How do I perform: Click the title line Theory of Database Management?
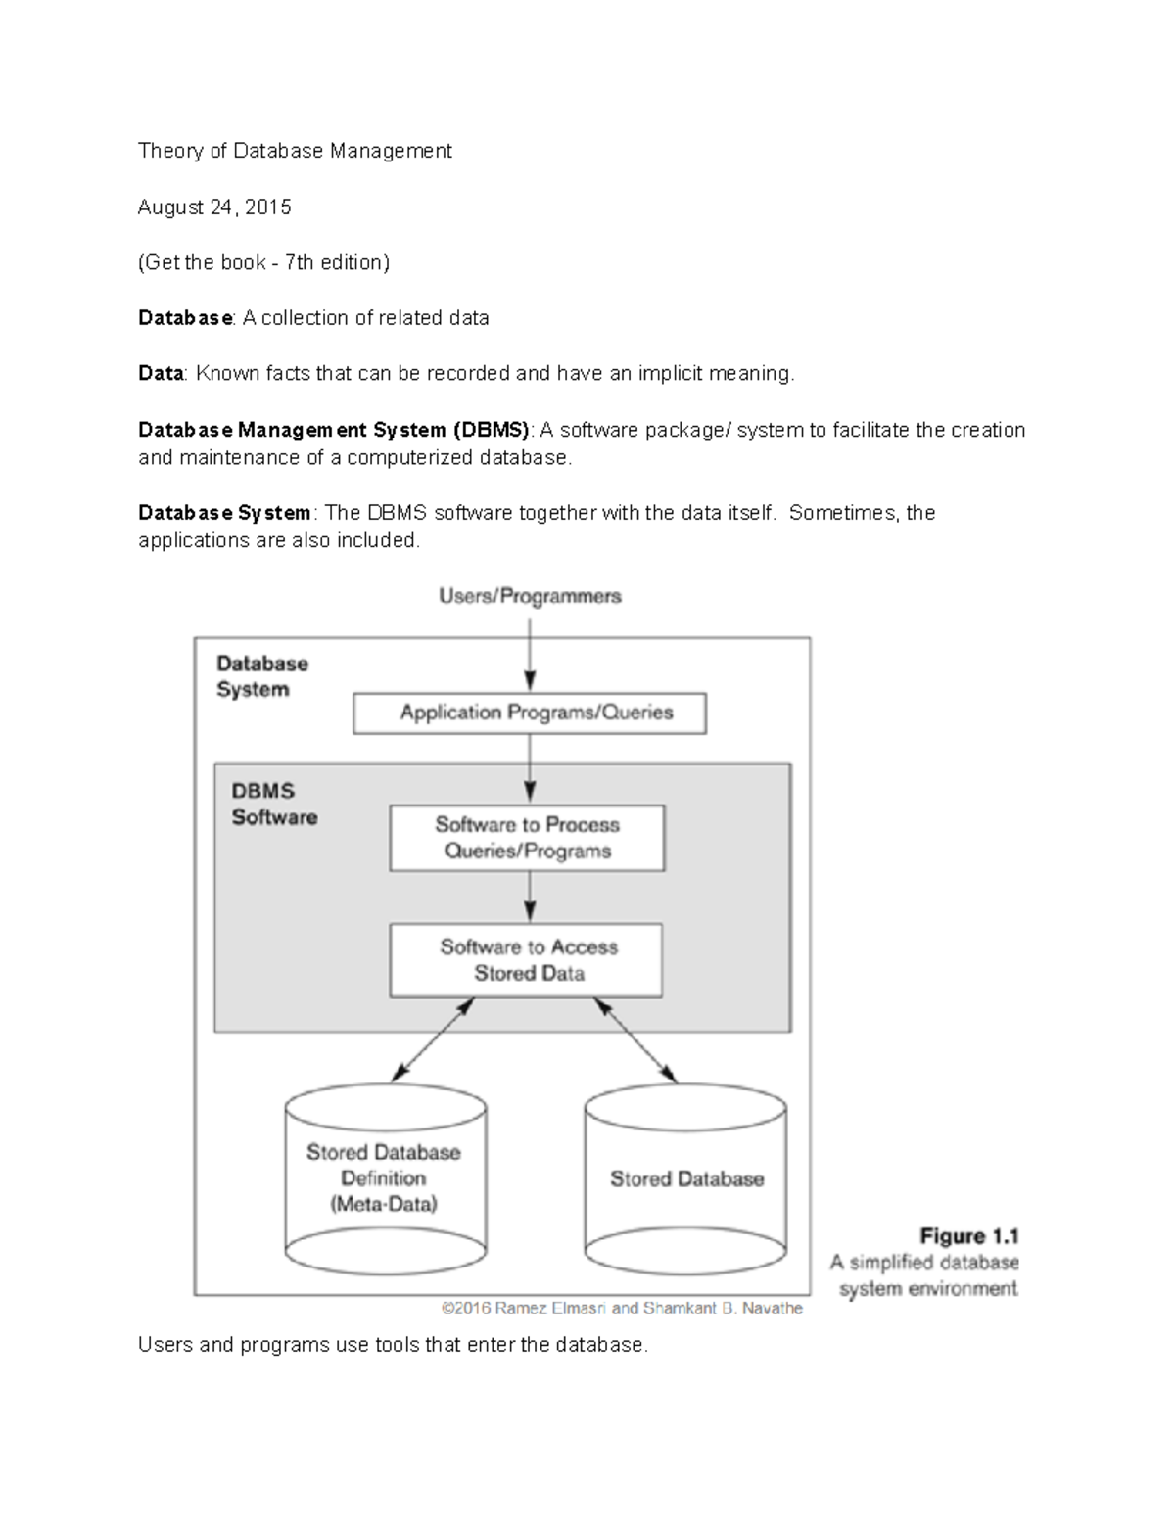tap(295, 151)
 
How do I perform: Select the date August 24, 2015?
tap(214, 207)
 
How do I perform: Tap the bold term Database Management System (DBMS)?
tap(334, 430)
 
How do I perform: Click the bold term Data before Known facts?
tap(161, 374)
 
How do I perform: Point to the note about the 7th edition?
tap(263, 262)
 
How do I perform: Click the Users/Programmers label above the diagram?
tap(530, 596)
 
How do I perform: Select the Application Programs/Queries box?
tap(529, 714)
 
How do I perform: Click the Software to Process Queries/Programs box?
tap(527, 838)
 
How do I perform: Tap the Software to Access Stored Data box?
tap(527, 960)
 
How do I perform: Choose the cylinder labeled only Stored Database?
tap(685, 1179)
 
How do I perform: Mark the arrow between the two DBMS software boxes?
tap(530, 897)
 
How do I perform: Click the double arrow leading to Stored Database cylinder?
tap(635, 1040)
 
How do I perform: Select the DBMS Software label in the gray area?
tap(273, 804)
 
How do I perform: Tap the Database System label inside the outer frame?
tap(261, 676)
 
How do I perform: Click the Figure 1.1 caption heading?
tap(969, 1236)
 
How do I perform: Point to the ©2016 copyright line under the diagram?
tap(622, 1308)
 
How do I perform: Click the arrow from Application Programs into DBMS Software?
tap(530, 768)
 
